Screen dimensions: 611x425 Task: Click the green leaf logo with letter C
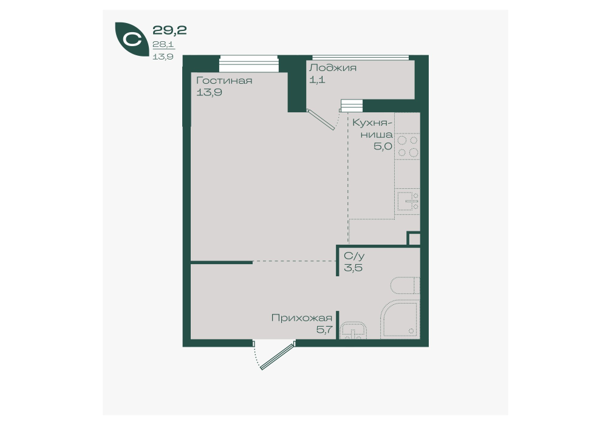131,39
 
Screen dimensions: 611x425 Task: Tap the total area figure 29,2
169,30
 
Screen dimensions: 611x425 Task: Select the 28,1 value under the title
163,44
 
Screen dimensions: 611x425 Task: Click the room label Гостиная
224,81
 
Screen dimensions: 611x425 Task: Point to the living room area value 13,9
210,93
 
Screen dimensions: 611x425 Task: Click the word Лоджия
333,68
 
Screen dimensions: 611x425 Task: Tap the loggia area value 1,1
317,80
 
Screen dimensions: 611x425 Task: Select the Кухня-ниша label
373,129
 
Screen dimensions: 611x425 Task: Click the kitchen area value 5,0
383,147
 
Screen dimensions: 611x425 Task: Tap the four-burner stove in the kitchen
407,146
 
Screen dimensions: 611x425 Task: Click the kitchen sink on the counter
407,202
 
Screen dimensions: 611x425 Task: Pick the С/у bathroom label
354,256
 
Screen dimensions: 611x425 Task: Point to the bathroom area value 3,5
353,268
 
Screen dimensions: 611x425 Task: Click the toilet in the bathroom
405,285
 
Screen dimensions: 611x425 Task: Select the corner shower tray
400,319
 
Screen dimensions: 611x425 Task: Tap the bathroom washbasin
353,331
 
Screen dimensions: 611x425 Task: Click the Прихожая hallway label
302,318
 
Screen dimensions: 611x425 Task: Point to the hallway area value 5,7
324,330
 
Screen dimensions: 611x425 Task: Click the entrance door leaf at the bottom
277,356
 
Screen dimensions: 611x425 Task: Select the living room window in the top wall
249,64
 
